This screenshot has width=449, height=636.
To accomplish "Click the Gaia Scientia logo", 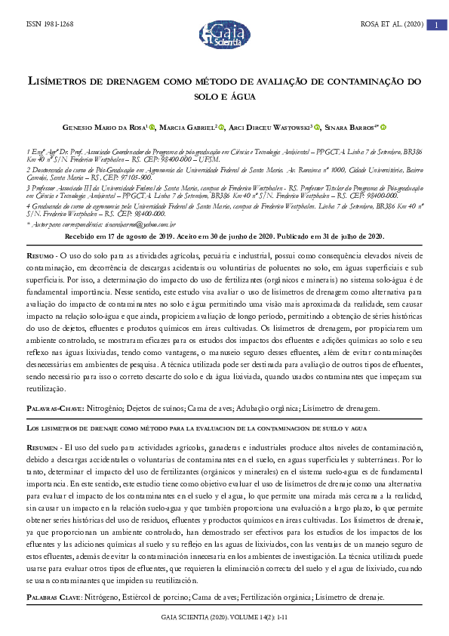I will pos(223,33).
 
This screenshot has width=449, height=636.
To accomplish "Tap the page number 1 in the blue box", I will pos(435,26).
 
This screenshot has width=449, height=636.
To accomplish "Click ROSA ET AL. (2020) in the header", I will pos(392,26).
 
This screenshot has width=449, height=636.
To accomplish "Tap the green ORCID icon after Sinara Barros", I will pos(383,127).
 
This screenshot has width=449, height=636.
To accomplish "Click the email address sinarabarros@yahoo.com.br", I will pos(143,224).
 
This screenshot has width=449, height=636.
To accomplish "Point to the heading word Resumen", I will pos(42,446).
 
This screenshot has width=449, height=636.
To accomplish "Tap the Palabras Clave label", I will pos(54,597).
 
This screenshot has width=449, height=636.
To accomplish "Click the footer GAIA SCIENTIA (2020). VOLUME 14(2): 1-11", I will pos(224,617).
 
